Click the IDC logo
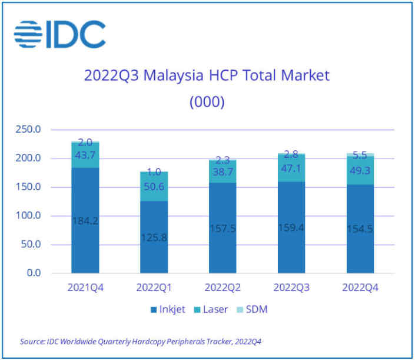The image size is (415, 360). click(59, 34)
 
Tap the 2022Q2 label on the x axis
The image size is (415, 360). click(223, 289)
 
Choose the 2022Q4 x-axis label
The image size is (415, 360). click(360, 289)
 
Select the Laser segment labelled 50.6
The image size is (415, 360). click(154, 187)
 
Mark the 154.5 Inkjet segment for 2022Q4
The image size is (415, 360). click(360, 228)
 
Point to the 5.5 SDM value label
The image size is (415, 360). click(360, 156)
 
